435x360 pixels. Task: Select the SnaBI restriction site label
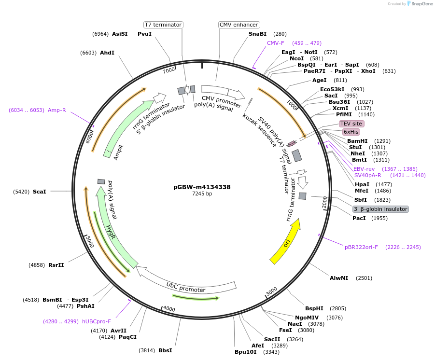[257, 34]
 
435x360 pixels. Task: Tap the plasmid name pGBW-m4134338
[202, 187]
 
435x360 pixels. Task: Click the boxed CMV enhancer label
[239, 25]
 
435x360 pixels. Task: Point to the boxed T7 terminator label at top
[163, 25]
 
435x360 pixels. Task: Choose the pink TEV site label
[351, 124]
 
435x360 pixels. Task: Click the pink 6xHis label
[351, 132]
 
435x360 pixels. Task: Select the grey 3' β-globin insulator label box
[380, 209]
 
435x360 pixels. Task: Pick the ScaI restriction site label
[40, 192]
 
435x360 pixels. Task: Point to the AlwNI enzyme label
[339, 278]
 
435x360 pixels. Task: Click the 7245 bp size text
[202, 194]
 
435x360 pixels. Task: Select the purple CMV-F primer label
[276, 43]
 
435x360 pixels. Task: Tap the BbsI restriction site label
[165, 350]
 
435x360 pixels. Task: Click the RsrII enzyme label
[56, 265]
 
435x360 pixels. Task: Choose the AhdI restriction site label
[107, 53]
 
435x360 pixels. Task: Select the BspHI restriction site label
[314, 308]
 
